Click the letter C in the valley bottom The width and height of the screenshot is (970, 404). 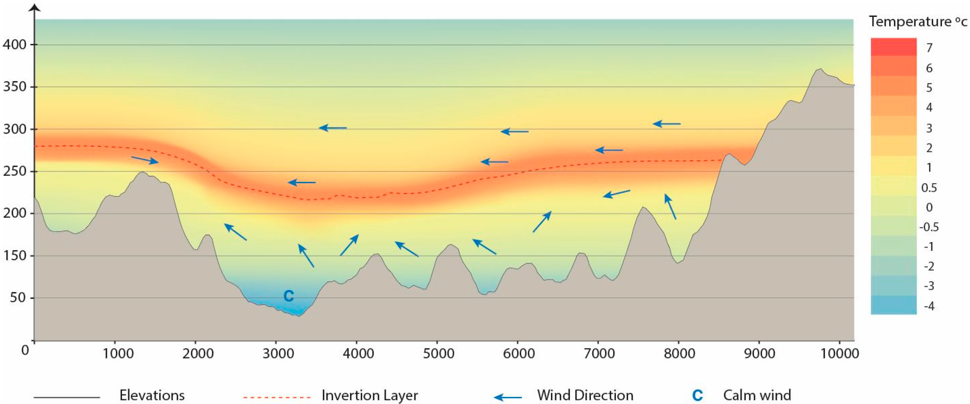point(288,296)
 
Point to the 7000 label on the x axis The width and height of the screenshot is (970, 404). point(599,354)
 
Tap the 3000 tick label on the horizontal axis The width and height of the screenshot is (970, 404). point(278,354)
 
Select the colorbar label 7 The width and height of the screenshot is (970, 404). point(929,48)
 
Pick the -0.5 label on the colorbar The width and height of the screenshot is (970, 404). point(929,227)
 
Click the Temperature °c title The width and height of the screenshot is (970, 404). point(918,22)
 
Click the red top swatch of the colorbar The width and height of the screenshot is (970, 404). point(893,47)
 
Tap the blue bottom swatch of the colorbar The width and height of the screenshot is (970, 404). point(893,305)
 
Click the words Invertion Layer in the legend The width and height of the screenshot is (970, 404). point(370,395)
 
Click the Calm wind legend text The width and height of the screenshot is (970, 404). point(757,395)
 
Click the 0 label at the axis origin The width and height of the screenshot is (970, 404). point(25,351)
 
